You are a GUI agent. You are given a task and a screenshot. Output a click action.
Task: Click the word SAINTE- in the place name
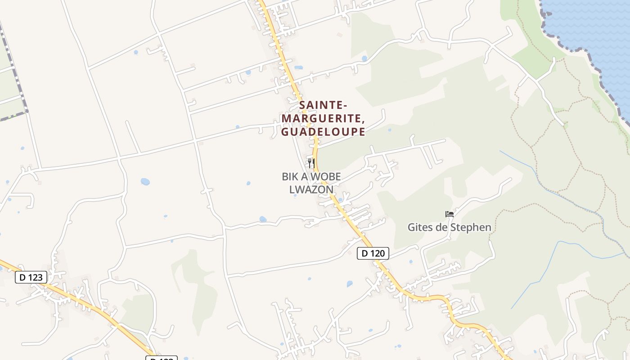click(x=323, y=105)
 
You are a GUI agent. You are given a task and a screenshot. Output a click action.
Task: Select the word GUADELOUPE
click(x=323, y=132)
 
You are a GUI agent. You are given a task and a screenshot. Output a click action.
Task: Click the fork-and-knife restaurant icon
click(x=311, y=163)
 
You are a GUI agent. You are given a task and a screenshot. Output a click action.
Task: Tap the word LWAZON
click(x=311, y=189)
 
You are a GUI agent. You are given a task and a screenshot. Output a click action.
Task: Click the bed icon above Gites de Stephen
click(x=449, y=214)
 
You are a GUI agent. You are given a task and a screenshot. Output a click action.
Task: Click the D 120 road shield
click(x=373, y=253)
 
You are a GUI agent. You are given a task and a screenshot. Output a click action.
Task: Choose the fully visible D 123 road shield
click(x=31, y=277)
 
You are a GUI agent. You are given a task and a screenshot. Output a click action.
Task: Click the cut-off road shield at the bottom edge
click(x=162, y=358)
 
